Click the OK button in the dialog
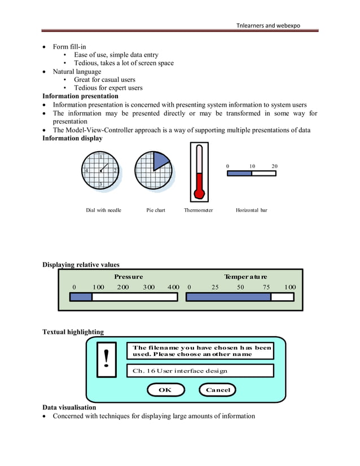coord(165,390)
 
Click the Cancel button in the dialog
coord(217,390)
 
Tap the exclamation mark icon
coord(106,359)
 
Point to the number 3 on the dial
coord(100,184)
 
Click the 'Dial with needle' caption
coord(103,210)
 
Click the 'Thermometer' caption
coord(198,210)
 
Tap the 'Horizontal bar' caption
coord(251,210)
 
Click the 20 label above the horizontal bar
coord(274,166)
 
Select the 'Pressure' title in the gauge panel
coord(128,277)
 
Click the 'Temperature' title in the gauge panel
coord(245,277)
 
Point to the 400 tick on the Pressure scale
coord(173,287)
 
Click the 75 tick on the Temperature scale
coord(266,287)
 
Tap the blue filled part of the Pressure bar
coord(81,297)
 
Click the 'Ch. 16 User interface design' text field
coord(200,371)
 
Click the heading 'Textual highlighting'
coord(73,332)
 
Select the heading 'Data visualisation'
coord(69,407)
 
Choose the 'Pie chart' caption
coord(156,210)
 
